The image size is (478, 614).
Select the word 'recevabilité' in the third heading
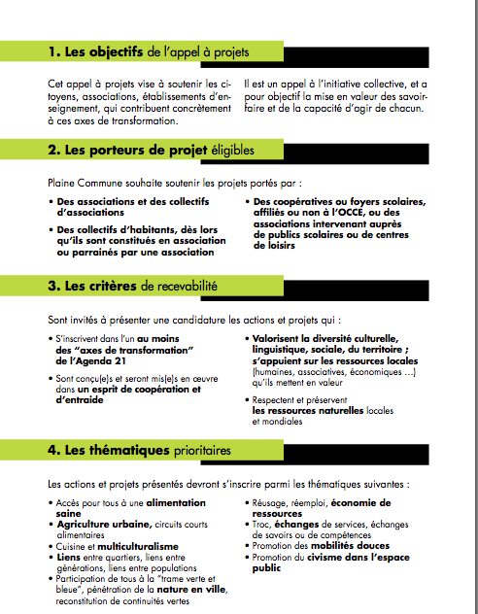[186, 286]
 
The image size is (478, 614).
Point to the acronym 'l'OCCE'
[345, 212]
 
